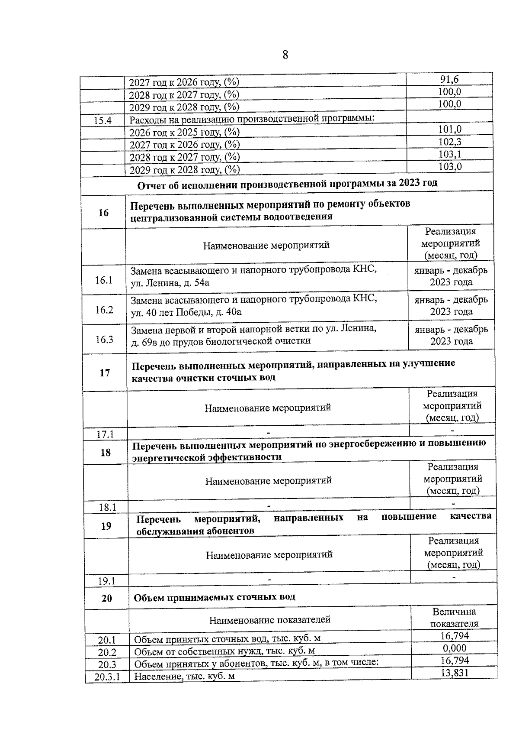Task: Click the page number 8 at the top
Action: click(285, 55)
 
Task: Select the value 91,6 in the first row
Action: click(449, 79)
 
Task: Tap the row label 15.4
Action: click(103, 121)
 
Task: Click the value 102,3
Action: click(450, 142)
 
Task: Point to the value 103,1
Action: click(450, 154)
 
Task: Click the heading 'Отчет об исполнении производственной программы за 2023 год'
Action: click(287, 184)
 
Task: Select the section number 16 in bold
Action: click(103, 213)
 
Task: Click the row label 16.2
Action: click(104, 310)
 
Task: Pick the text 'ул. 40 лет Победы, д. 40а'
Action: click(186, 312)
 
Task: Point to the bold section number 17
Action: click(105, 373)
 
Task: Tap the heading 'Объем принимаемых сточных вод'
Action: click(215, 597)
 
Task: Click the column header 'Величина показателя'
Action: click(454, 618)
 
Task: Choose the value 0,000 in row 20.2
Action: click(455, 648)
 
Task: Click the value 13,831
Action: click(455, 673)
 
